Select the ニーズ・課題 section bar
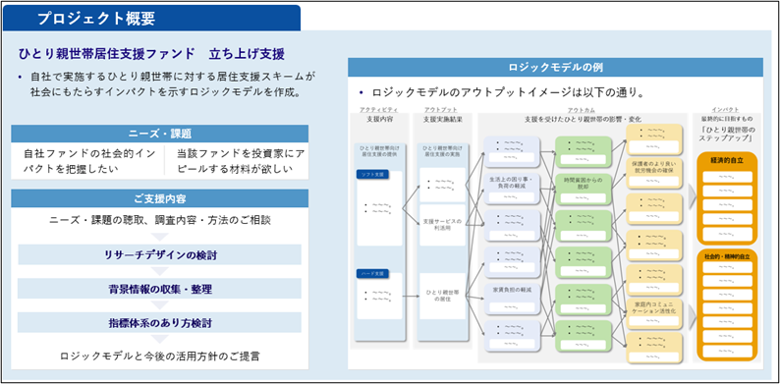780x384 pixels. point(158,133)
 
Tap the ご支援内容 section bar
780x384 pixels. point(158,197)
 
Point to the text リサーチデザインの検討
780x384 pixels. point(160,255)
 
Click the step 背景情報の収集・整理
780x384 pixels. point(160,289)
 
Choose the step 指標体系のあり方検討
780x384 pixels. point(160,322)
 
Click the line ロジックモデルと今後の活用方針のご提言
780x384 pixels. point(160,356)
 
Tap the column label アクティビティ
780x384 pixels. point(378,109)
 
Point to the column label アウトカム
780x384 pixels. point(581,109)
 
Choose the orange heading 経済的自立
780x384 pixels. point(727,158)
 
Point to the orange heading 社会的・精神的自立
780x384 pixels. point(727,256)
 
